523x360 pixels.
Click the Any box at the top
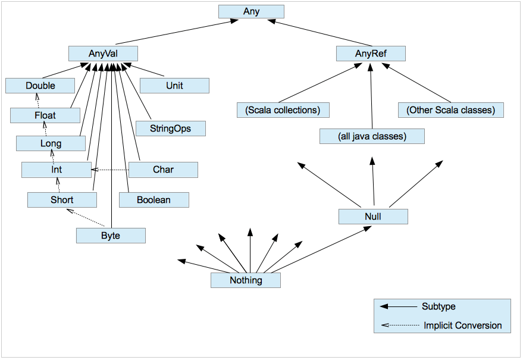pos(251,11)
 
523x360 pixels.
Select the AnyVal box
pos(103,54)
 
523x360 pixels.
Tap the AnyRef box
pos(371,54)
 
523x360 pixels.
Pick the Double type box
pos(40,86)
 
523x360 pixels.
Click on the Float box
pos(45,115)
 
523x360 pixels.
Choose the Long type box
pos(51,143)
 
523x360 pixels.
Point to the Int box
pos(56,170)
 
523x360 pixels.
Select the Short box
pos(62,200)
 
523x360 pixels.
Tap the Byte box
pos(111,236)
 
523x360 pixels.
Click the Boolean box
pos(154,200)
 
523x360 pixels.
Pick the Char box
pos(163,170)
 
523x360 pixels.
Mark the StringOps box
pos(171,128)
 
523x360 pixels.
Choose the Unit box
pos(174,86)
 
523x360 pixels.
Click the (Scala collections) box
pos(283,110)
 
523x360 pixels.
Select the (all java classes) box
pos(372,136)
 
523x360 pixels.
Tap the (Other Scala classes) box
pos(450,110)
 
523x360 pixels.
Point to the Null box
pos(373,217)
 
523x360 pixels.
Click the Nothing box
pos(245,280)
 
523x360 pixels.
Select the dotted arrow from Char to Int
pos(110,170)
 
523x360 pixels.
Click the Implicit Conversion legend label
pos(462,325)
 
